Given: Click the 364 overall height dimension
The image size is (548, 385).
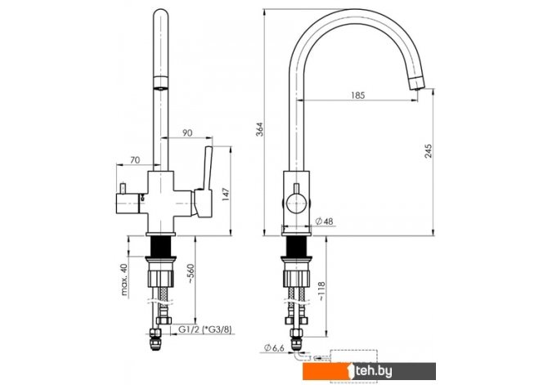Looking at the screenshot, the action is click(260, 129).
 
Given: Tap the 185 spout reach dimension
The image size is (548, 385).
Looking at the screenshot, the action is click(358, 95).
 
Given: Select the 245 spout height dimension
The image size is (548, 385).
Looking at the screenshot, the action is click(428, 151).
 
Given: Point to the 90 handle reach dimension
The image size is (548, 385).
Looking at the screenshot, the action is click(187, 133).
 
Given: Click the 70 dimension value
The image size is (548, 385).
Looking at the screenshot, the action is click(135, 160).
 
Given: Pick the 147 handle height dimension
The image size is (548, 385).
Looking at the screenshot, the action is click(226, 195).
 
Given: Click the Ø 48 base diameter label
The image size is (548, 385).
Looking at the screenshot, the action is click(325, 222).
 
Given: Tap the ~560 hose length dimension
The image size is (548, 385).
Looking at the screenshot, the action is click(191, 273).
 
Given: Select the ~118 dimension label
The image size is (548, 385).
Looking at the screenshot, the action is click(321, 291).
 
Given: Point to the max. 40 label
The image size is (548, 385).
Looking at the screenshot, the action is click(125, 280).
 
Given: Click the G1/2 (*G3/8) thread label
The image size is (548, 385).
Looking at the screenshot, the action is click(204, 329).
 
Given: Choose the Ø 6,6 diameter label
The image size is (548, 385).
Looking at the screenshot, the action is click(274, 348).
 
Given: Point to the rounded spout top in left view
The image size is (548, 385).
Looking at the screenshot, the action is click(161, 16).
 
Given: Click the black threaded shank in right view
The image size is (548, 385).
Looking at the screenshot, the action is click(296, 246).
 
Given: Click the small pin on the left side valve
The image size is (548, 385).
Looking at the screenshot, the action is click(123, 189).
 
